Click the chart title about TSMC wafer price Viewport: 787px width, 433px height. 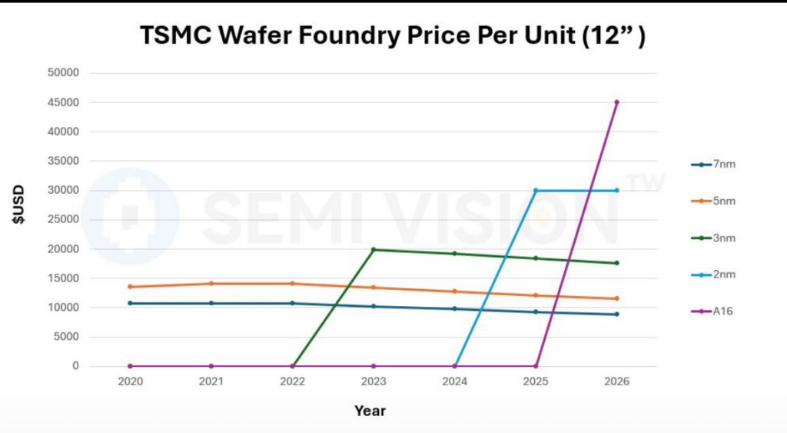point(392,35)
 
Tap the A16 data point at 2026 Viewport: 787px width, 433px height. point(616,102)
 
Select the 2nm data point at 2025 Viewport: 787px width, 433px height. point(536,191)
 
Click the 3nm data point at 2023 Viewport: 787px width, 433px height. point(374,249)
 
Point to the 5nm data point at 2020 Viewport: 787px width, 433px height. point(130,287)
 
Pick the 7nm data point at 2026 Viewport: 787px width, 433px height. point(616,314)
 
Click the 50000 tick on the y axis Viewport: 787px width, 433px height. point(63,73)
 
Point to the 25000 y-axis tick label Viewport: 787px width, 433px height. point(63,220)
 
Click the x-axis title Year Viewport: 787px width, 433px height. point(370,411)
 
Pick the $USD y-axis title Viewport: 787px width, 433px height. point(18,204)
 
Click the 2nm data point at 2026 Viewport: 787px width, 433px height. point(616,191)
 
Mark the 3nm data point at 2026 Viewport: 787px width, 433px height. point(616,263)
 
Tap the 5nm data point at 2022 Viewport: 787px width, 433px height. point(292,284)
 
